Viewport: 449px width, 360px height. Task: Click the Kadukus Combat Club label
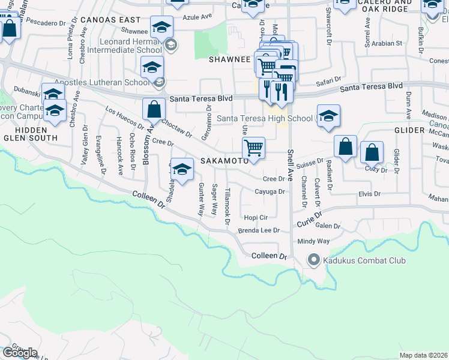364,260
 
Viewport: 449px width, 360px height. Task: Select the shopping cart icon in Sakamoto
254,147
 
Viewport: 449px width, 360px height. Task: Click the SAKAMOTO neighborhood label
224,161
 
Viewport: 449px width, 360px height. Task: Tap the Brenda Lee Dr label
259,230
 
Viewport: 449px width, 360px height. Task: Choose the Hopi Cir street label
255,217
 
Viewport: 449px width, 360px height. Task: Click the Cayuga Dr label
269,191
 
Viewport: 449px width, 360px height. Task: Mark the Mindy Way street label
314,241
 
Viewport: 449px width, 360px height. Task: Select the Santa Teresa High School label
265,118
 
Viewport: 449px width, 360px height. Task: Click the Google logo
20,352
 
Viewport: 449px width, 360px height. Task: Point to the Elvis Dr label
369,194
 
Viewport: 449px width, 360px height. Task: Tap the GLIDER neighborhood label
409,130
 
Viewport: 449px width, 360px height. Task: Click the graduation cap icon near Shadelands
182,169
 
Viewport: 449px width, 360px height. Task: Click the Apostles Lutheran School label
102,82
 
